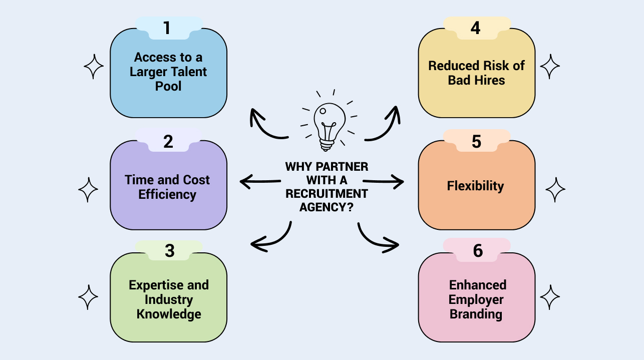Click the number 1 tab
(167, 28)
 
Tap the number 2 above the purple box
(168, 142)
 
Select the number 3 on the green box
(169, 250)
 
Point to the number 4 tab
(476, 28)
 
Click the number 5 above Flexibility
(476, 142)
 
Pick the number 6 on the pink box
(478, 250)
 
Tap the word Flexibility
(475, 186)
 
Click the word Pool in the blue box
(168, 86)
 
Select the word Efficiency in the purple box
(167, 194)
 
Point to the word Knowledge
(169, 314)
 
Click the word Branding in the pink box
(476, 314)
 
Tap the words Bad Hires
(476, 80)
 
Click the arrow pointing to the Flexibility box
(384, 181)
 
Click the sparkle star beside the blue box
(93, 66)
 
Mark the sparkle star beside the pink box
(550, 297)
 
